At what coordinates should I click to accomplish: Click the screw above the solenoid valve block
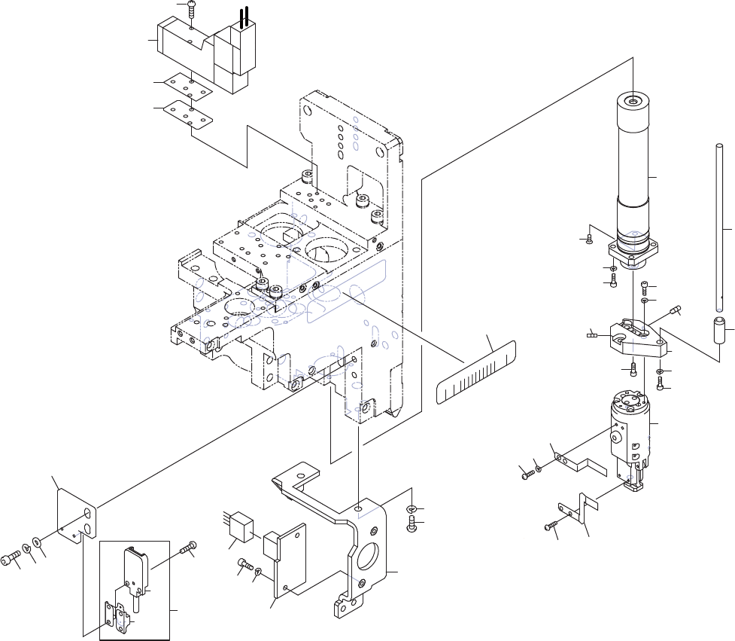pos(191,11)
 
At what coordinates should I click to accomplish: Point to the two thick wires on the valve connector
pos(243,19)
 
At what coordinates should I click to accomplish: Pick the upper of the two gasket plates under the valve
pos(191,84)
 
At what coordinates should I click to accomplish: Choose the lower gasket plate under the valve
pos(190,112)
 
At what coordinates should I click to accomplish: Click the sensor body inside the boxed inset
pos(136,569)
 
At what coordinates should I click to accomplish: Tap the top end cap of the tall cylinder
pos(633,101)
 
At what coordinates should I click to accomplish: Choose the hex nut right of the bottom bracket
pos(412,510)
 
